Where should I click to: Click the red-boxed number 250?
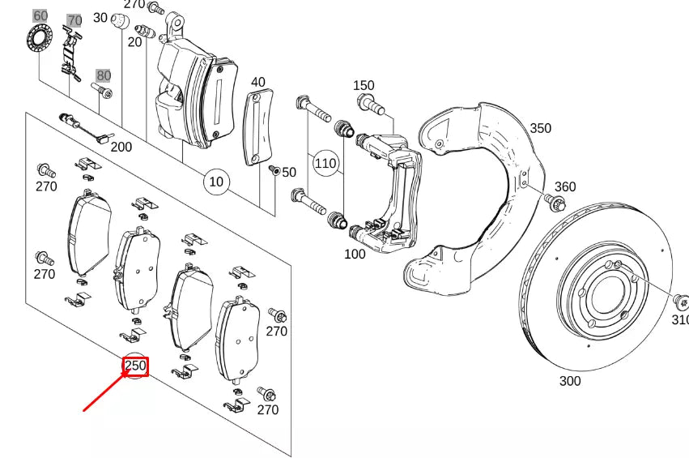pos(135,366)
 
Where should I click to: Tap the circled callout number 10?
pos(215,182)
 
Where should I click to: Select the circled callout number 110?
pos(325,163)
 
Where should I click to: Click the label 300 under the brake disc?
pos(569,381)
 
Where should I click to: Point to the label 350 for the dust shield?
pos(540,128)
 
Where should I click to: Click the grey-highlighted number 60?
pos(40,15)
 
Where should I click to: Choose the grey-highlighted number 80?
pos(103,76)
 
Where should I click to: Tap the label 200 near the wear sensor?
pos(121,147)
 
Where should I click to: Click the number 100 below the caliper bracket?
pos(355,254)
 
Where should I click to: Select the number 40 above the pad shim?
pos(257,82)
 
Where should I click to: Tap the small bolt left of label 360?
pos(556,202)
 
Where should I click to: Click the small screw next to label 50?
pos(274,171)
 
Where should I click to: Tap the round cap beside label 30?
pos(118,22)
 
